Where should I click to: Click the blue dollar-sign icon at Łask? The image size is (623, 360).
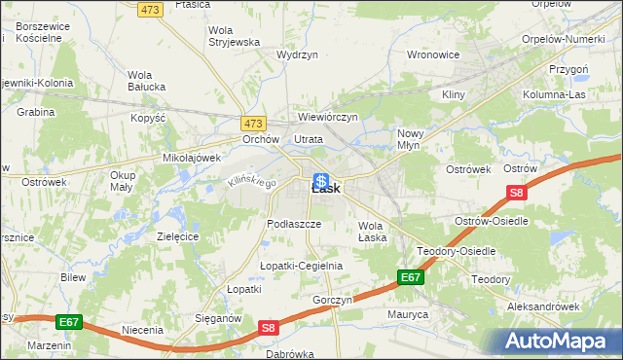point(320,181)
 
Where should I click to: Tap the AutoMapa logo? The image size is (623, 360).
point(557,342)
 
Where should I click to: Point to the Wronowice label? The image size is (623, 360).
point(432,54)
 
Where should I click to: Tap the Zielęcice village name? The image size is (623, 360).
point(177,236)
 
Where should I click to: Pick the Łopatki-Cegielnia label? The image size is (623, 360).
point(301,266)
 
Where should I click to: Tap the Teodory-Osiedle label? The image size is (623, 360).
point(456,251)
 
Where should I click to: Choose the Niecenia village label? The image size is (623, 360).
point(142,330)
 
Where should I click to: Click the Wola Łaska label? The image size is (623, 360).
point(371,232)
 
